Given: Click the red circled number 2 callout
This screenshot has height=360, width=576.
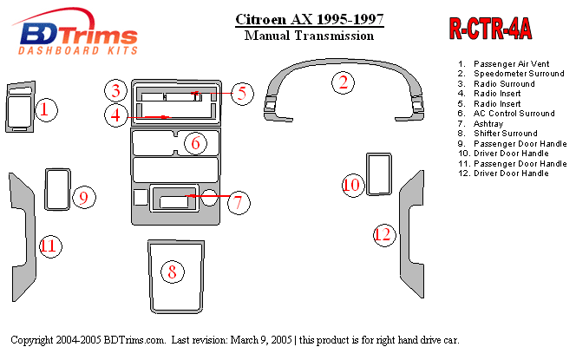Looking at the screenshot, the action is click(x=343, y=82).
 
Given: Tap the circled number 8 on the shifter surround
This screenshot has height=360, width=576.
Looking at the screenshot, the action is click(x=173, y=272).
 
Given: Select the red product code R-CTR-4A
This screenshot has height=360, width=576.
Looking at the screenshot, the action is click(x=490, y=29).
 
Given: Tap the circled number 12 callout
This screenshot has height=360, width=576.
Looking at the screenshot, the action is click(x=384, y=234).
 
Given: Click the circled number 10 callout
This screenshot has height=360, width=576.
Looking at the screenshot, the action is click(x=353, y=185).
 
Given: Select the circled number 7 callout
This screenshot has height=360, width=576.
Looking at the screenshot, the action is click(x=239, y=203).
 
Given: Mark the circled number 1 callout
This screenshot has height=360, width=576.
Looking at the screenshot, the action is click(x=46, y=110).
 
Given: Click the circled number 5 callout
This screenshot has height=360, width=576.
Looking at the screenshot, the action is click(x=242, y=94).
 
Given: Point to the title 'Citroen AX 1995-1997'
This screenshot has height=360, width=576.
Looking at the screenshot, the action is click(x=310, y=19).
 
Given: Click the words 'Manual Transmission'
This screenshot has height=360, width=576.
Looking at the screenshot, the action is click(x=310, y=36).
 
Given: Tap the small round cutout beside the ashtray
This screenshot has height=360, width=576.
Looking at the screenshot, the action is click(x=209, y=197).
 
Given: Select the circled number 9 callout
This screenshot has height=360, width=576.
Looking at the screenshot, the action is click(x=84, y=198).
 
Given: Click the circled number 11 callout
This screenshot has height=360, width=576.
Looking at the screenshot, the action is click(x=50, y=245).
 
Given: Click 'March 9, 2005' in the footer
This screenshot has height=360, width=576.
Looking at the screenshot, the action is click(x=261, y=340).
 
